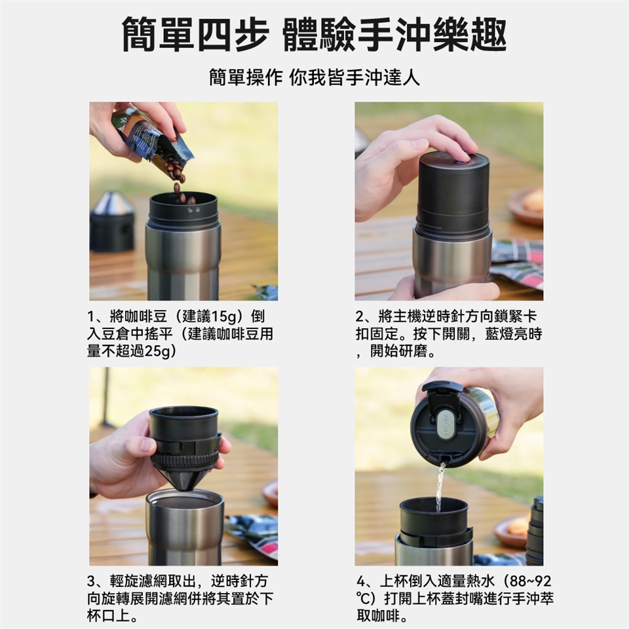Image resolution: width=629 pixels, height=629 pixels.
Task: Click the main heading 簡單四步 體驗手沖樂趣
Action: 314,35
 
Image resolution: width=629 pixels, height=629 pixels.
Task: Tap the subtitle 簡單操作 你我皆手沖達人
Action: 314,77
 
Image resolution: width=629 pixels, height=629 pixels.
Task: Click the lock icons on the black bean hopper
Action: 194,210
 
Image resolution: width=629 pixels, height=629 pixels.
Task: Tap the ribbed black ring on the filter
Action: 185,459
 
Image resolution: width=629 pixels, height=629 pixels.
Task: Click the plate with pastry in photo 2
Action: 526,205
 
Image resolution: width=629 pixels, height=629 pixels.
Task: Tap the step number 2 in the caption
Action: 360,317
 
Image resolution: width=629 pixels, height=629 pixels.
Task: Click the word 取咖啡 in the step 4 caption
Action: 378,616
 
